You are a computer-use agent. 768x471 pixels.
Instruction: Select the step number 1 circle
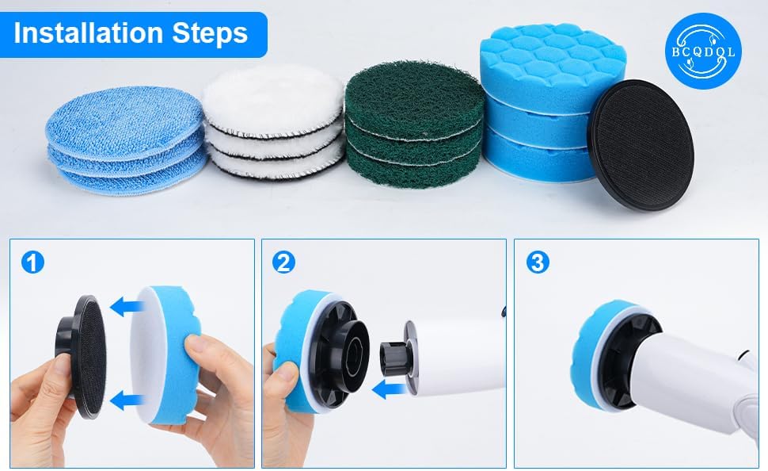pos(32,262)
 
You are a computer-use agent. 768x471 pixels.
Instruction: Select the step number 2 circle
pos(283,262)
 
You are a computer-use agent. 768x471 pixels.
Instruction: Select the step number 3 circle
pos(538,262)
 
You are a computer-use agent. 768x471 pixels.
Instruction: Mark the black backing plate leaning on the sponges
pos(641,144)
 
